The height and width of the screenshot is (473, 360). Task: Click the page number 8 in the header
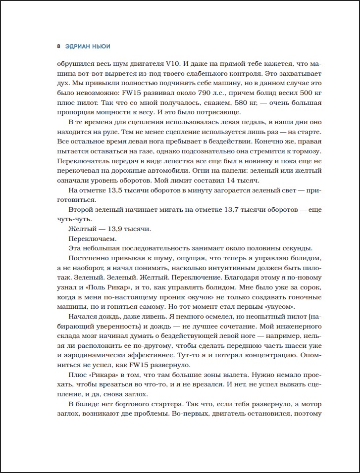click(58, 47)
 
